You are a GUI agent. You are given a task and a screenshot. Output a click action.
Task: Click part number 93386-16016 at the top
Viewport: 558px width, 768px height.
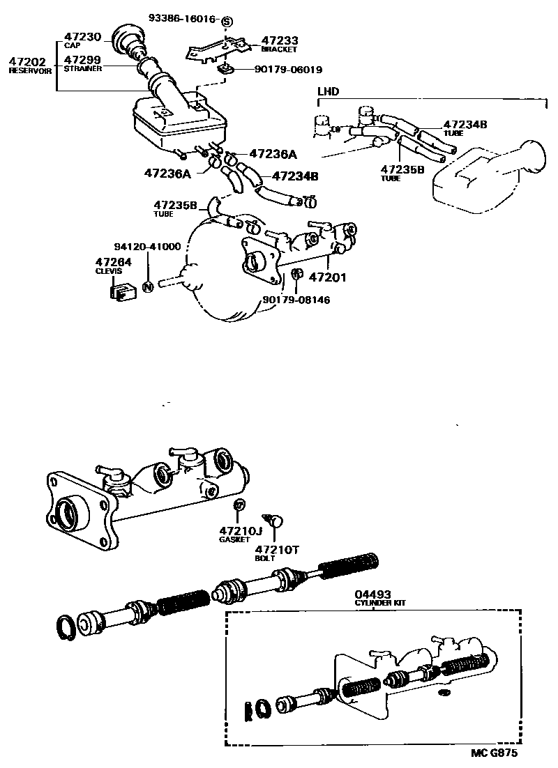click(183, 17)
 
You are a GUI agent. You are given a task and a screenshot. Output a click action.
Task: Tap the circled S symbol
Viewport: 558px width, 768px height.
click(226, 22)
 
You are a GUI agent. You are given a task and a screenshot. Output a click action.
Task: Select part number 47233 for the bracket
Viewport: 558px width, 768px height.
click(278, 41)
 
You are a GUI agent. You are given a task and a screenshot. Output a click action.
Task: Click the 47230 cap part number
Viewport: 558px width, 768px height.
click(82, 37)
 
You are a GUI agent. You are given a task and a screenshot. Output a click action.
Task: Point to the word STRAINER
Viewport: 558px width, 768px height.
click(83, 69)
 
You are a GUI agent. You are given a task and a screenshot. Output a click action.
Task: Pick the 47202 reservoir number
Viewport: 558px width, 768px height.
click(27, 62)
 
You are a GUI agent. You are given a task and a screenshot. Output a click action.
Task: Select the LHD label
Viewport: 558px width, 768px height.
click(326, 91)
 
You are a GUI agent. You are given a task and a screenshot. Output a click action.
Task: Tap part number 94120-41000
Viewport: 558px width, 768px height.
click(147, 247)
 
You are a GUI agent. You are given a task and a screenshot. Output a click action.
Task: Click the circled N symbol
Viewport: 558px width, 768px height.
click(147, 286)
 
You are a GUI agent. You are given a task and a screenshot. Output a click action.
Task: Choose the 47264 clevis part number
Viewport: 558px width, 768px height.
click(113, 262)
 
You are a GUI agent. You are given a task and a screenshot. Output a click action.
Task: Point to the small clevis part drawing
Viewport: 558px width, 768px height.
click(121, 291)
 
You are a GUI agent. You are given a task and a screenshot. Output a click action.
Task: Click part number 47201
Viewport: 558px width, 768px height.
click(328, 277)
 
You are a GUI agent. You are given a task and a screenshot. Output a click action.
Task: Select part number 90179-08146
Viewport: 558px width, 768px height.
click(296, 300)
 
